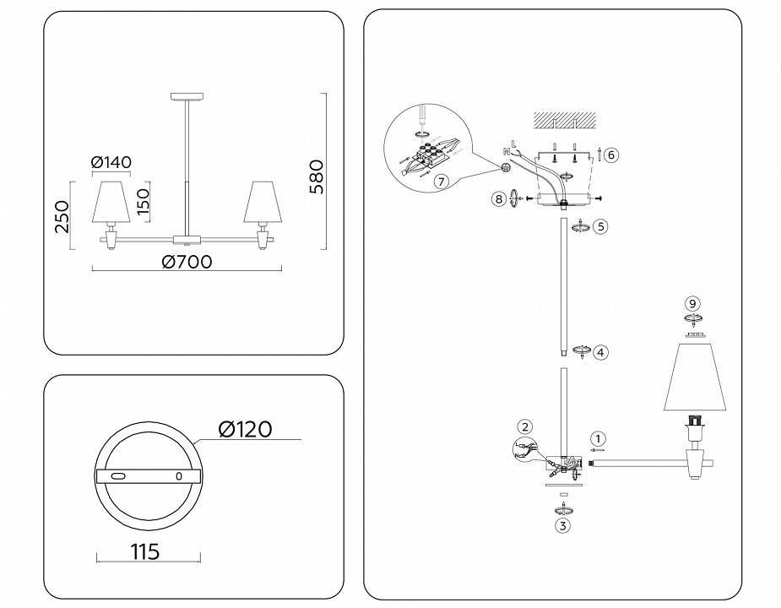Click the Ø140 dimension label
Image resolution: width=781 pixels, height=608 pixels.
[x=111, y=162]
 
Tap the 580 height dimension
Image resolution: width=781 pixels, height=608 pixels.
[x=316, y=176]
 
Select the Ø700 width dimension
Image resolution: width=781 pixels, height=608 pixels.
[x=186, y=262]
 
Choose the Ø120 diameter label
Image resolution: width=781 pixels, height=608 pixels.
[x=245, y=430]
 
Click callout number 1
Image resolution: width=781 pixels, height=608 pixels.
[x=598, y=438]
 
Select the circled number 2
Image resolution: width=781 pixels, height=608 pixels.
[x=525, y=426]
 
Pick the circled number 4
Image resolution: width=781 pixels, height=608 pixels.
[x=600, y=352]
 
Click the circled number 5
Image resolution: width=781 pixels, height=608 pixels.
[x=600, y=226]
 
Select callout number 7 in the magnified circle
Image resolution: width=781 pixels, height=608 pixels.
[x=439, y=181]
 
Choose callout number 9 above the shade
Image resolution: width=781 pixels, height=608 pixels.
[x=692, y=303]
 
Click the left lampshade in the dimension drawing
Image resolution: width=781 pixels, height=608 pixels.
[x=111, y=200]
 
